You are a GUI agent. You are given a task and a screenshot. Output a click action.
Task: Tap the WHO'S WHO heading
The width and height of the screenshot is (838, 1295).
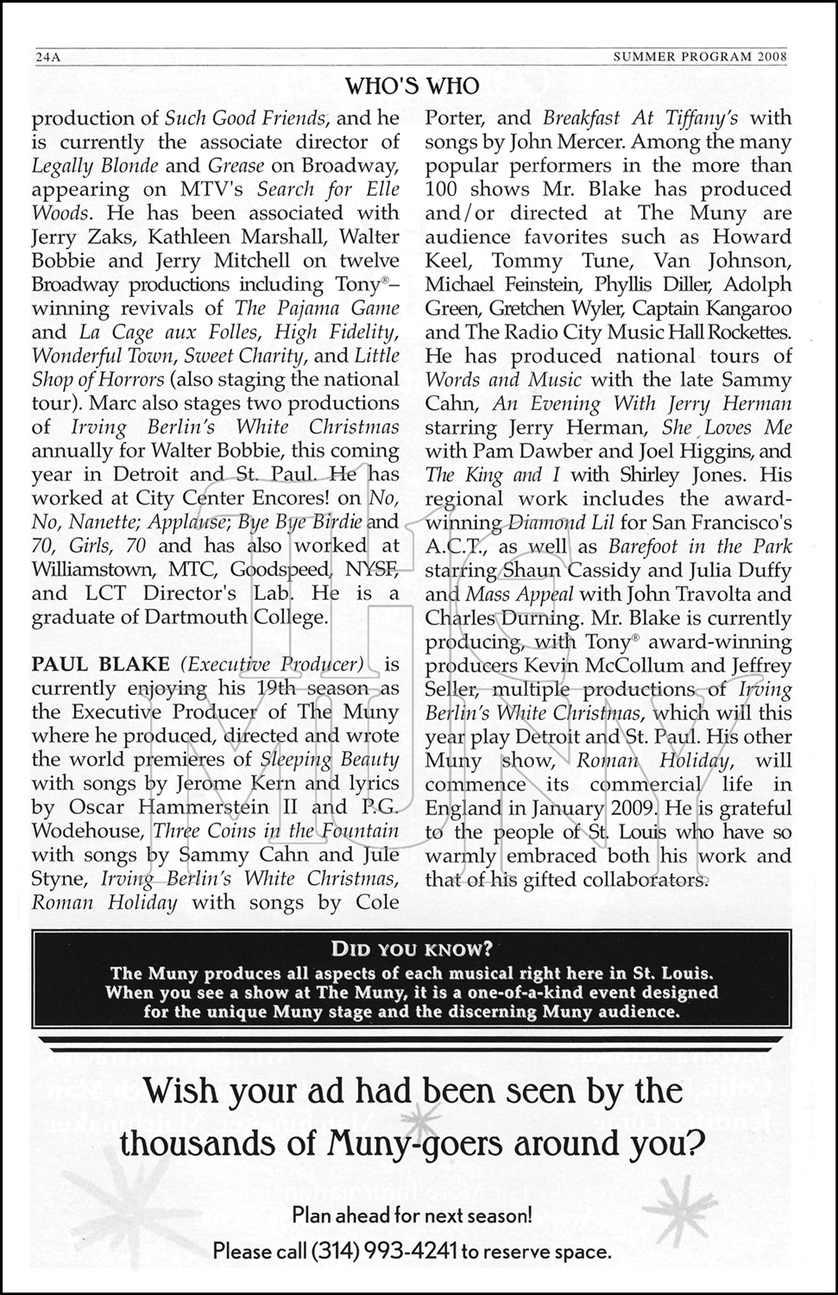tap(412, 85)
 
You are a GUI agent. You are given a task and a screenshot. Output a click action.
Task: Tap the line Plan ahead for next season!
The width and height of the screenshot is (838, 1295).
tap(413, 1216)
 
